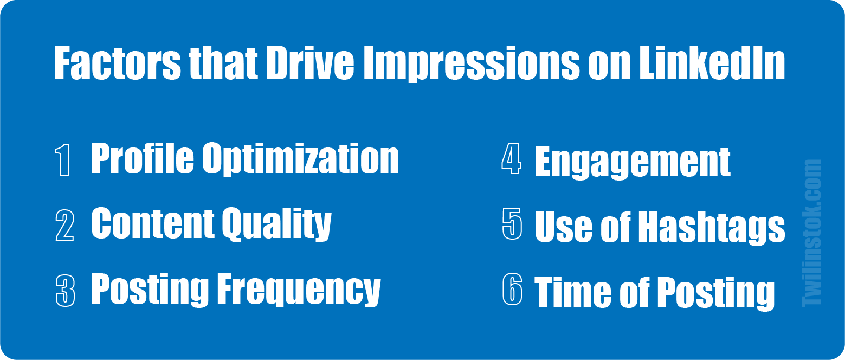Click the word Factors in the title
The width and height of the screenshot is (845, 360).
point(118,63)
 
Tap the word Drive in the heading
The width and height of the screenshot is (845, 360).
point(310,63)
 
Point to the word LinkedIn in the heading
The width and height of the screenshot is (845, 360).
point(712,63)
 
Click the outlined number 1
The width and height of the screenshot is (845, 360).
point(63,160)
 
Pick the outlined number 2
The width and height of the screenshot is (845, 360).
point(65,226)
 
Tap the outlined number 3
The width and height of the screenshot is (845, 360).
point(65,291)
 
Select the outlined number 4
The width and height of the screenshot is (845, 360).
point(512,158)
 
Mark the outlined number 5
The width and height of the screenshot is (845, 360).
point(512,223)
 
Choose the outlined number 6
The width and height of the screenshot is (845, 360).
point(513,288)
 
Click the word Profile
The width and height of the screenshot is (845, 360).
point(143,158)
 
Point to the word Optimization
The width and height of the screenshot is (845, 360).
point(301,159)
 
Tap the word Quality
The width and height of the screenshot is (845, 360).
point(276,224)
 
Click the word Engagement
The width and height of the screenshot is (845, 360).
point(633,163)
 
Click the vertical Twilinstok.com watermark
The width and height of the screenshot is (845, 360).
point(811,233)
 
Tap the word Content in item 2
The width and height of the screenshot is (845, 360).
point(152,223)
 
